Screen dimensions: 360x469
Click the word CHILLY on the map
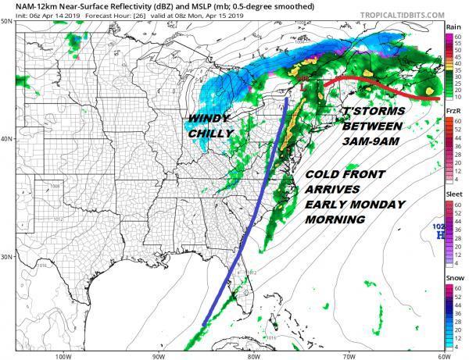pyautogui.click(x=211, y=134)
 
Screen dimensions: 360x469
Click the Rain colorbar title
pyautogui.click(x=453, y=27)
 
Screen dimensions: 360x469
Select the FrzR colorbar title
pyautogui.click(x=453, y=112)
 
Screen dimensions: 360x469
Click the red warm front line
pyautogui.click(x=375, y=84)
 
